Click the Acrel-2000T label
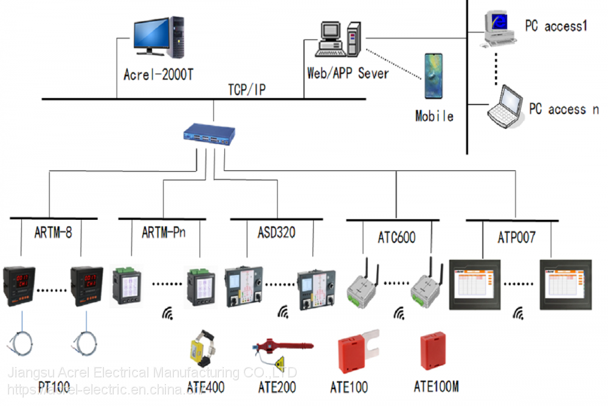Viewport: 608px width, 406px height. click(x=159, y=75)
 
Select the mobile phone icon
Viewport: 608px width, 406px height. click(x=434, y=76)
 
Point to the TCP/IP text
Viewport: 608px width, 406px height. click(x=246, y=90)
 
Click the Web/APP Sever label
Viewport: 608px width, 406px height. click(x=348, y=73)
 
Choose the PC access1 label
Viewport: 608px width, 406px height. click(x=556, y=26)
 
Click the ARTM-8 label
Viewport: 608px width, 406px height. click(x=53, y=231)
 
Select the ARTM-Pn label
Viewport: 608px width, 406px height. click(x=164, y=231)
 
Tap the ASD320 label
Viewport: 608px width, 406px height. click(x=272, y=231)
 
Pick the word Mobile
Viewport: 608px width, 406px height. click(x=434, y=115)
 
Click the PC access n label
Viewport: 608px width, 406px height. click(x=564, y=109)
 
